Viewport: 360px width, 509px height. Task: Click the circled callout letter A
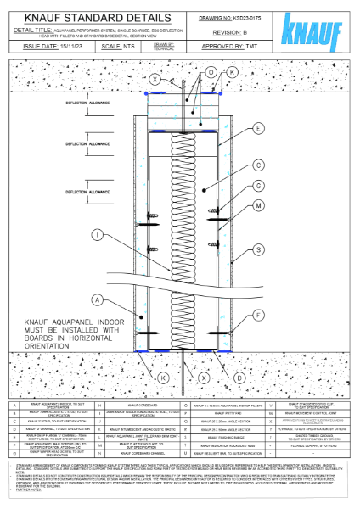pos(98,299)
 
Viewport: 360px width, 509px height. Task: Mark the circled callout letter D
pos(240,376)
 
